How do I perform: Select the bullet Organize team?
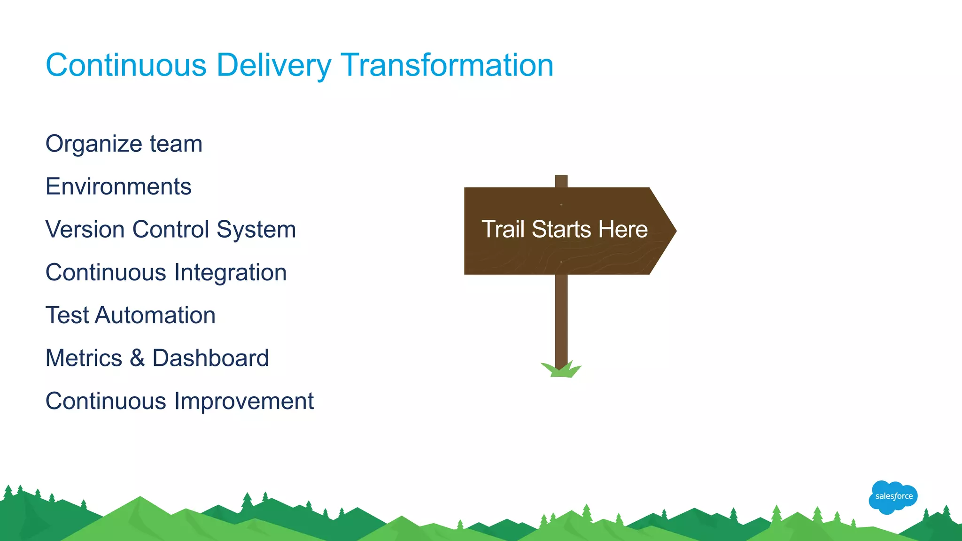tap(124, 144)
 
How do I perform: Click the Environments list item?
tap(118, 186)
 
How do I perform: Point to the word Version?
tap(85, 230)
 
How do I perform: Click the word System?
tap(256, 230)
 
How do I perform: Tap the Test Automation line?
tap(131, 315)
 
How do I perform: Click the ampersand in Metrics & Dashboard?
tap(137, 358)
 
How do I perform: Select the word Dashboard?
tap(210, 358)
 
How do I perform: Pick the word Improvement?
tap(244, 401)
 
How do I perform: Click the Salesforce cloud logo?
tap(893, 496)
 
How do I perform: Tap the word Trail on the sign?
tap(503, 229)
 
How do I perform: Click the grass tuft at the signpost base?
tap(561, 371)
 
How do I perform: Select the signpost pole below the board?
tap(561, 319)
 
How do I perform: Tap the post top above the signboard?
tap(561, 181)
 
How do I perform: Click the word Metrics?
tap(84, 358)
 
